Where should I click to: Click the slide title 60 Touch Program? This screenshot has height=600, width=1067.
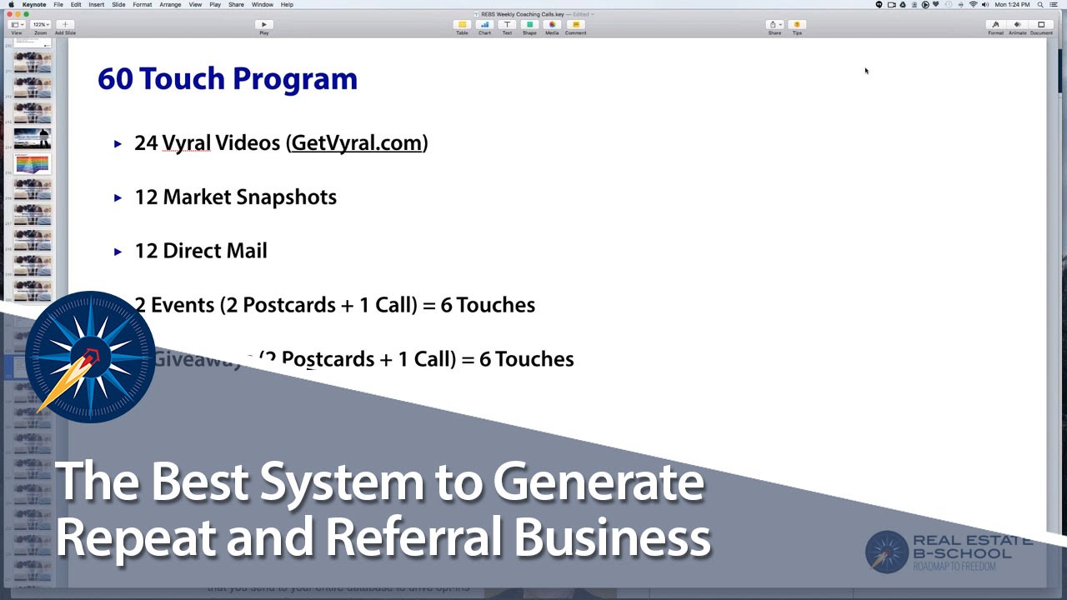click(x=227, y=79)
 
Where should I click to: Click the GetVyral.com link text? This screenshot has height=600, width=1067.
click(x=357, y=143)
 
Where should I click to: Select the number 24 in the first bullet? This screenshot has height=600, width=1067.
click(x=146, y=143)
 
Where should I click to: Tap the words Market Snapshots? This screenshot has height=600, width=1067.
click(x=249, y=197)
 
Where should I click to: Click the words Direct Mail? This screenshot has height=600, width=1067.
click(x=214, y=252)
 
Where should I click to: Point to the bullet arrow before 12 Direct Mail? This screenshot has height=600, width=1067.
click(x=118, y=252)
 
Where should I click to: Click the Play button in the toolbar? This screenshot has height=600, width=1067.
click(x=263, y=25)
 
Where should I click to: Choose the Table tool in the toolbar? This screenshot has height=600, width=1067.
click(x=462, y=25)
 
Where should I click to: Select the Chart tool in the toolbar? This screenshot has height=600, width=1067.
click(x=484, y=25)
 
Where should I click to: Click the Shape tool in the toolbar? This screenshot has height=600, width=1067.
click(x=529, y=25)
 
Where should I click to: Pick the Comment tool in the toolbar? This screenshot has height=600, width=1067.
click(x=575, y=25)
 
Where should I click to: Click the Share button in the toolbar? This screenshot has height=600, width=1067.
click(x=774, y=25)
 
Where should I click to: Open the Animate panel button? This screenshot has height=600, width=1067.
click(x=1017, y=25)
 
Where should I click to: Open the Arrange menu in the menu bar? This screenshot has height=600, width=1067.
click(x=170, y=5)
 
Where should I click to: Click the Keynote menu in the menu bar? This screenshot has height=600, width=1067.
click(x=34, y=5)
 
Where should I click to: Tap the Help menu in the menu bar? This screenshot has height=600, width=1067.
click(x=287, y=5)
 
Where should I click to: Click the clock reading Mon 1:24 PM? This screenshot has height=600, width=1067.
click(x=1013, y=5)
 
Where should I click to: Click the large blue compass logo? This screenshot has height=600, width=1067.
click(x=90, y=357)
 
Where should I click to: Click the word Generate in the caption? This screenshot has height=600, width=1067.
click(x=598, y=482)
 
